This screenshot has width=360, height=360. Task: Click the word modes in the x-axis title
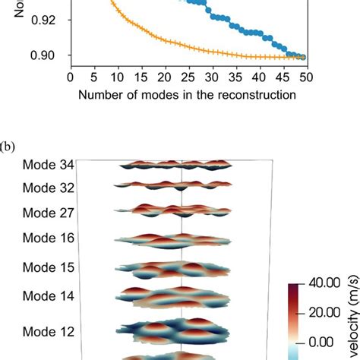[x=153, y=95]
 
